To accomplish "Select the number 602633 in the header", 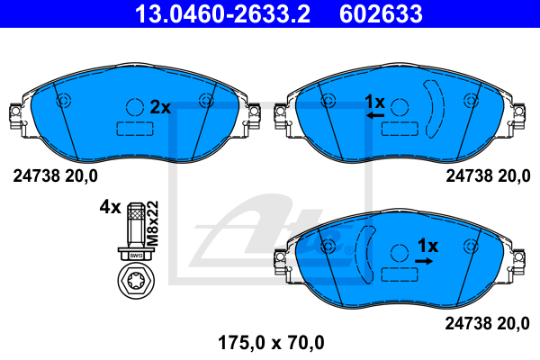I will tap(381, 14).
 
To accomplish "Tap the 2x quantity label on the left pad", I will tap(160, 106).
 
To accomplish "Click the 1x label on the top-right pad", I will tap(373, 101).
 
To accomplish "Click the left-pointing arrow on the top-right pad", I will tap(375, 116).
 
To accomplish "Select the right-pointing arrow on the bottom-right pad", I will tap(424, 260).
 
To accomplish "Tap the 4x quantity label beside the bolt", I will tap(110, 207).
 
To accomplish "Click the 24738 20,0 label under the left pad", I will tap(56, 175).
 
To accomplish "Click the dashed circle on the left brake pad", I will tap(134, 106).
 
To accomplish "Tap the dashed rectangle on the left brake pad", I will tap(133, 128).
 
